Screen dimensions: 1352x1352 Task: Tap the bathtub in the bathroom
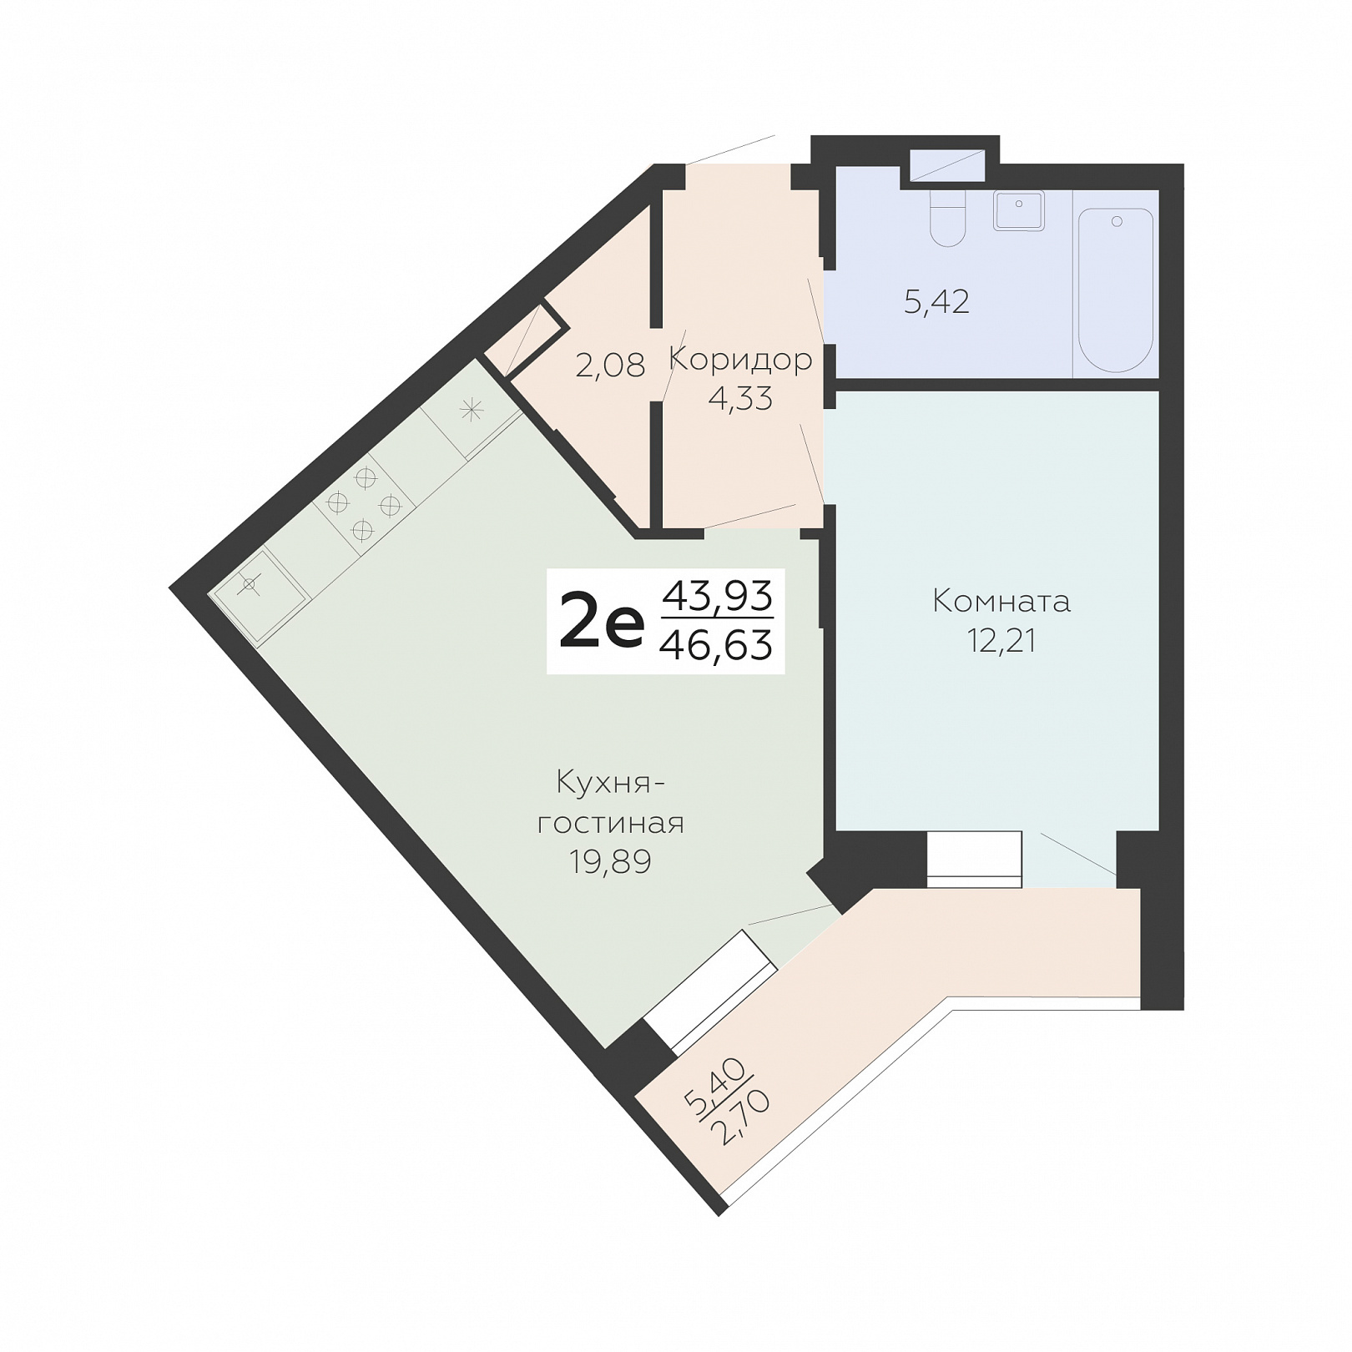point(1116,290)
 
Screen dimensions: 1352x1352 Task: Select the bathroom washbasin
point(1019,210)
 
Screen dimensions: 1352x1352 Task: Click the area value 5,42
point(936,301)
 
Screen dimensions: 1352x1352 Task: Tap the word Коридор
point(740,360)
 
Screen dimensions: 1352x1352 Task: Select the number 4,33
point(740,399)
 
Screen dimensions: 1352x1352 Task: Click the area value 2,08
point(610,365)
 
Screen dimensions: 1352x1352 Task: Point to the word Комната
point(1001,601)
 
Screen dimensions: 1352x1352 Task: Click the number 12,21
point(1001,641)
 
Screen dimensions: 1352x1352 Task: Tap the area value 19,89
point(610,861)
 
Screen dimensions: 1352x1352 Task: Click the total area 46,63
point(716,645)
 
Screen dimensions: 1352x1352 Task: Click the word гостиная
point(610,823)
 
